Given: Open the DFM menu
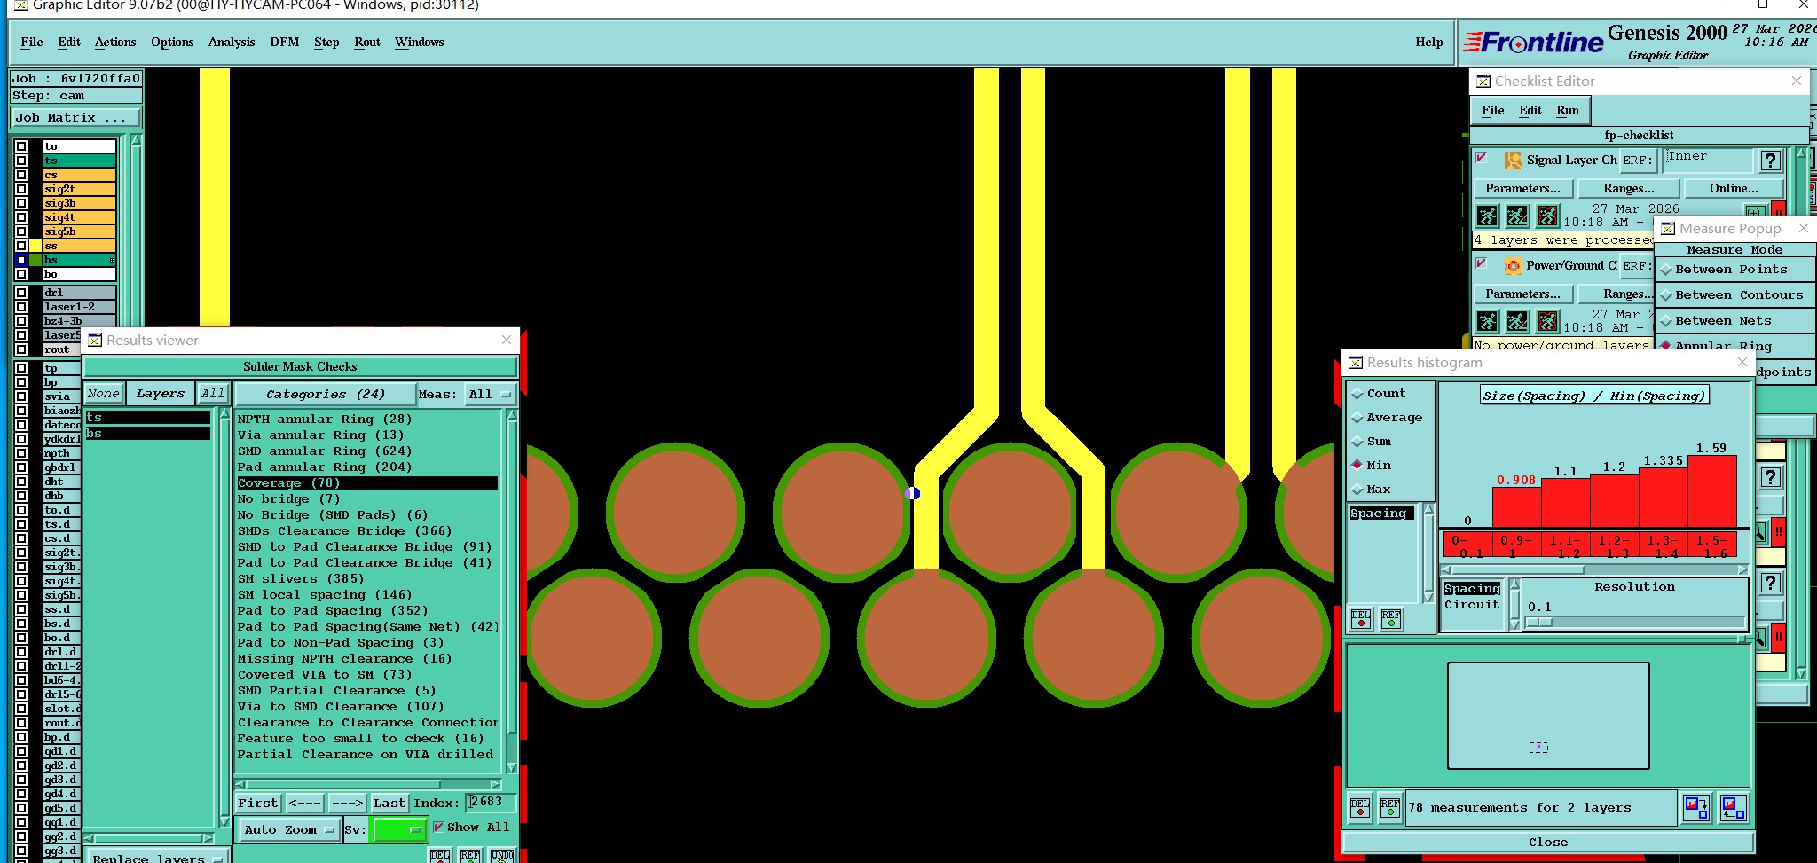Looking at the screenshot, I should click(284, 42).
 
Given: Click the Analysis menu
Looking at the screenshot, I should click(231, 42).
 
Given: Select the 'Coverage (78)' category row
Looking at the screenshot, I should click(366, 483).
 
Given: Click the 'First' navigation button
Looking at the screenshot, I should click(257, 803).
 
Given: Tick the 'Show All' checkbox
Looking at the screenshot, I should click(438, 828).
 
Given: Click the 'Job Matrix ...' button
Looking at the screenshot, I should click(75, 117).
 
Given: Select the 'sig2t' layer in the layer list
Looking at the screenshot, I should click(78, 189).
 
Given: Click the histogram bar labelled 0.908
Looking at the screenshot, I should click(1516, 507).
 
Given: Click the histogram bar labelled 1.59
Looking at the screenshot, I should click(1711, 491).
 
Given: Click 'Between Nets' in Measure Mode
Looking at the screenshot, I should click(1722, 321).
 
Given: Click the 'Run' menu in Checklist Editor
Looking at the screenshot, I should click(1567, 110).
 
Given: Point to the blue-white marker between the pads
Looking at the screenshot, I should click(912, 493).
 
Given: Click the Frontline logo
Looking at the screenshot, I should click(1533, 42).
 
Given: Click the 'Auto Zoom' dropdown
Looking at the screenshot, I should click(288, 829).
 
